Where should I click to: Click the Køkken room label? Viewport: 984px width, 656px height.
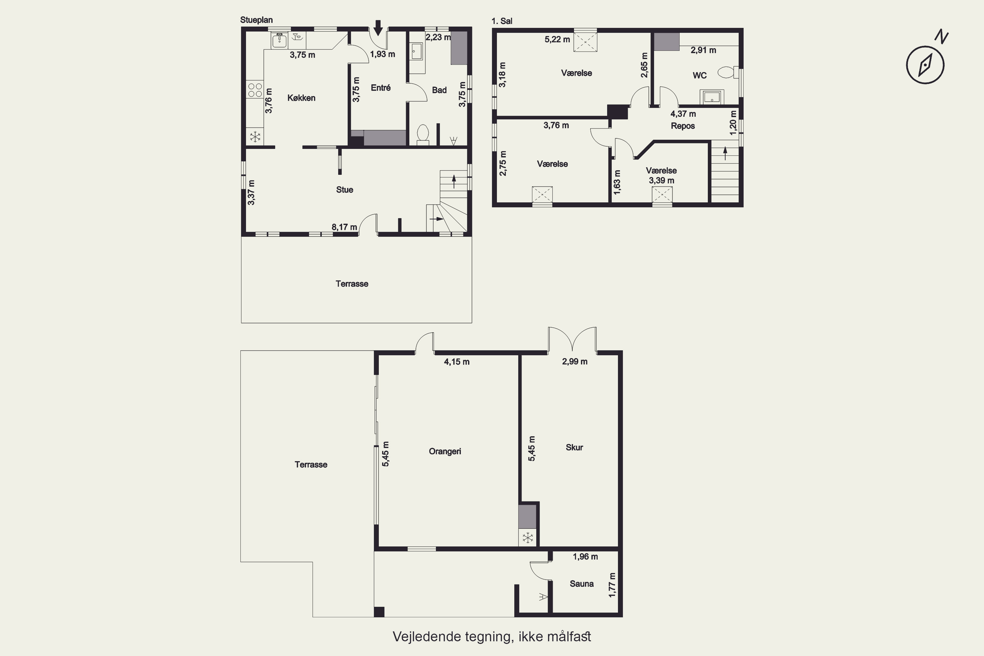(301, 98)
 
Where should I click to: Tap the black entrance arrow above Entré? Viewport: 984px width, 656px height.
(378, 28)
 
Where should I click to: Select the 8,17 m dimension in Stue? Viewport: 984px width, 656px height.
(344, 227)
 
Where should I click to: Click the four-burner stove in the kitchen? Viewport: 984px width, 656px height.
(255, 90)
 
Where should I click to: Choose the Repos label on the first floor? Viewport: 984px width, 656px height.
(683, 126)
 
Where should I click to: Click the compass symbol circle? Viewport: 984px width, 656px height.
(925, 65)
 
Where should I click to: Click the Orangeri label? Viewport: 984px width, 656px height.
(445, 451)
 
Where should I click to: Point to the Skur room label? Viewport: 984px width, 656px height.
(574, 447)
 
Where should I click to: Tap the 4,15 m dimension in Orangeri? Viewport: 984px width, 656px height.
(457, 362)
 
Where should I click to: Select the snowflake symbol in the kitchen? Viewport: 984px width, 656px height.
(255, 136)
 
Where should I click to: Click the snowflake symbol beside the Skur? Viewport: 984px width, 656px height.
(527, 538)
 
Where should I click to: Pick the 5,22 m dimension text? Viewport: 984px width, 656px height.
(557, 40)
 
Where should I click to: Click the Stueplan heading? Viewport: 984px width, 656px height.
(256, 20)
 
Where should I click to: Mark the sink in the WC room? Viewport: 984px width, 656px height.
(712, 97)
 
